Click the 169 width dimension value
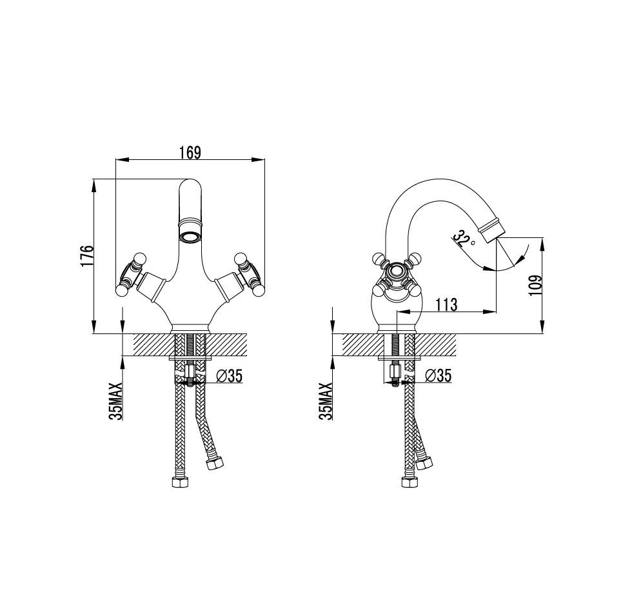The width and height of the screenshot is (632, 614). (x=190, y=153)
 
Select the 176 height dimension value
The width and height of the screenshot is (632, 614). (x=87, y=255)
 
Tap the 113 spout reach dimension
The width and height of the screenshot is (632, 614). (x=446, y=304)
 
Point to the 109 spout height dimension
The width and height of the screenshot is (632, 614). (x=536, y=286)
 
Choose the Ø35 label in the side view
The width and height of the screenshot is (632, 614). (x=439, y=376)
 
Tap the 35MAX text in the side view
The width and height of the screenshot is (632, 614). (x=326, y=401)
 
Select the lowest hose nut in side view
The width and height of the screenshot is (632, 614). (x=409, y=482)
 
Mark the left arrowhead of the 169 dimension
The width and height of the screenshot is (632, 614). (x=122, y=160)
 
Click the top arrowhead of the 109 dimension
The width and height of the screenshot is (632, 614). (x=542, y=246)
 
